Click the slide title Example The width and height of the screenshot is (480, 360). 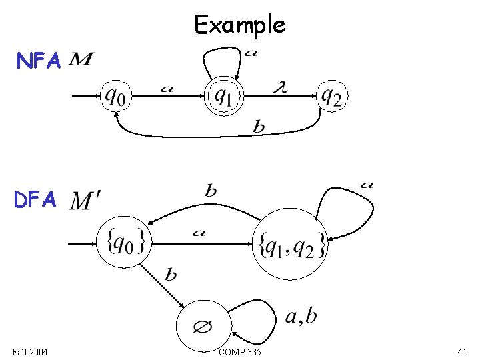tap(239, 25)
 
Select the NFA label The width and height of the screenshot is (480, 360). tap(39, 61)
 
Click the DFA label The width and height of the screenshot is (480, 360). tap(39, 199)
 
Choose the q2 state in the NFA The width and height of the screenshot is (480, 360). tap(331, 97)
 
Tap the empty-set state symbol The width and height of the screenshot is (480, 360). tap(202, 327)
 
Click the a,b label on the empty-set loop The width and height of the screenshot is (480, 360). tap(301, 315)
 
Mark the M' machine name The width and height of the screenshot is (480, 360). tap(86, 199)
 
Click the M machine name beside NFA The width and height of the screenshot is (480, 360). tap(81, 61)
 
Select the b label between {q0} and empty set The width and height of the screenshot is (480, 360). tap(171, 274)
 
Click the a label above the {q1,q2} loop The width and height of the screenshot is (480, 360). tap(367, 184)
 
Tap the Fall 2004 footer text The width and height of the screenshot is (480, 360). tap(30, 351)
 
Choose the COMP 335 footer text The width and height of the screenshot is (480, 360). tap(239, 351)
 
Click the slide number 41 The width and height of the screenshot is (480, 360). tap(462, 351)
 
